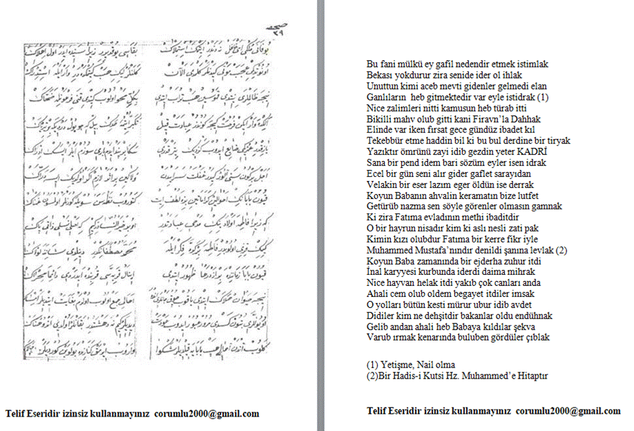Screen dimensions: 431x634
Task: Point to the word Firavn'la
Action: click(x=477, y=119)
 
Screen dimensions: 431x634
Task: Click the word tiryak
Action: click(x=536, y=140)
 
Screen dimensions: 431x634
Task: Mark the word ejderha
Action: click(x=482, y=261)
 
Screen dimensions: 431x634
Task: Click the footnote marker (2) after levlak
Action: click(x=561, y=250)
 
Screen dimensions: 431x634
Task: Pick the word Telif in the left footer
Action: click(x=16, y=414)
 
